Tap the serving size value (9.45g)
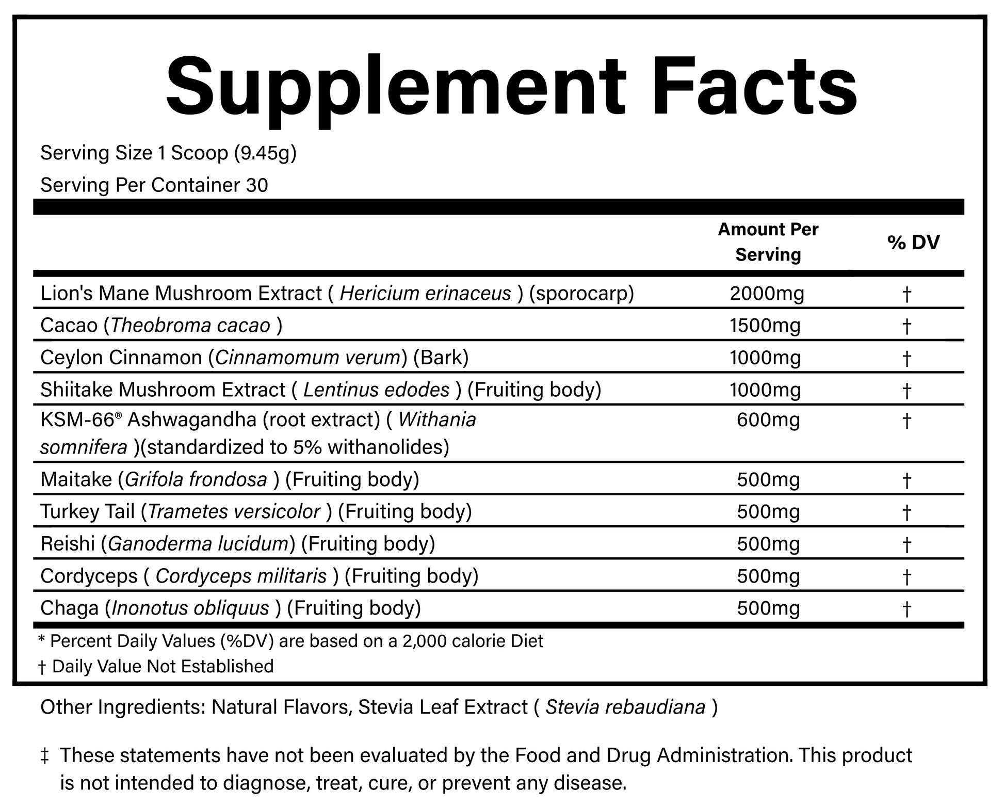tap(265, 153)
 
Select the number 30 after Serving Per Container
tap(257, 185)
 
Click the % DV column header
tap(914, 242)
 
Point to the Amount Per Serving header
tap(768, 242)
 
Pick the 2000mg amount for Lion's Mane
tap(767, 294)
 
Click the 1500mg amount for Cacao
tap(765, 326)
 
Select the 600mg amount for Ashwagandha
tap(768, 420)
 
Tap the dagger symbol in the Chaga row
tap(906, 610)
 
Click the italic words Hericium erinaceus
tap(425, 294)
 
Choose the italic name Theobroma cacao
tap(190, 326)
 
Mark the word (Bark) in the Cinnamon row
tap(441, 358)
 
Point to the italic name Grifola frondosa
tap(196, 480)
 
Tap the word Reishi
tap(67, 544)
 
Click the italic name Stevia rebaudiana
tap(625, 707)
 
